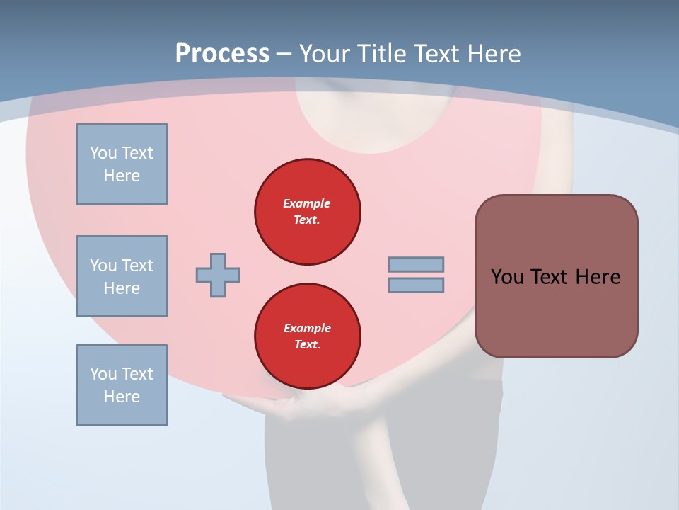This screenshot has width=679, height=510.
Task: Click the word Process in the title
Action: point(222,54)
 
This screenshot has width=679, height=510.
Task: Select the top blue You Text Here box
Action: point(122,164)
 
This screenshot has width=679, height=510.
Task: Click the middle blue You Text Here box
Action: point(122,276)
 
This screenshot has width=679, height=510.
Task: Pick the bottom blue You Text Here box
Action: point(122,385)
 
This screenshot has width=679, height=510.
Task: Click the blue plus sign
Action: point(218,275)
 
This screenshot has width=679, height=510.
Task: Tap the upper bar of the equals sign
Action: point(416,264)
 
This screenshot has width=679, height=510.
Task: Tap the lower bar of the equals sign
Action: point(416,285)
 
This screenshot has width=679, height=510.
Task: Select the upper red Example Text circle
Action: point(307,212)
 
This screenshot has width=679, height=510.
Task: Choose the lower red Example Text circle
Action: point(307,336)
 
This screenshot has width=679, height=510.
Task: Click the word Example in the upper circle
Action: point(307,203)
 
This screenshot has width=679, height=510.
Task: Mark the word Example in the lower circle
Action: point(307,328)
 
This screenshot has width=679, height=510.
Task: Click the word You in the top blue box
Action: point(103,153)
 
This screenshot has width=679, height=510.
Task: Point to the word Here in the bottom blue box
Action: point(122,397)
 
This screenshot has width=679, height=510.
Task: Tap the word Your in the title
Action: point(324,54)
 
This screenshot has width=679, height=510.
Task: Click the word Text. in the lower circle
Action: point(307,345)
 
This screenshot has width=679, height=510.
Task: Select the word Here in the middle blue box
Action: point(122,288)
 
